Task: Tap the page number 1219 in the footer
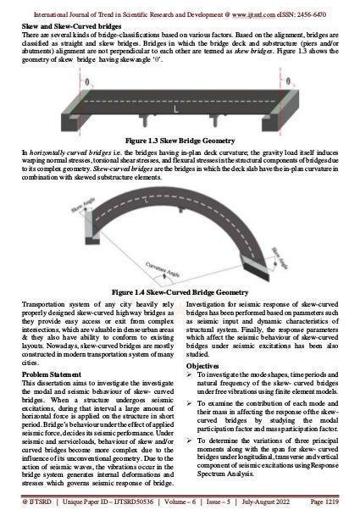click(343, 503)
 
